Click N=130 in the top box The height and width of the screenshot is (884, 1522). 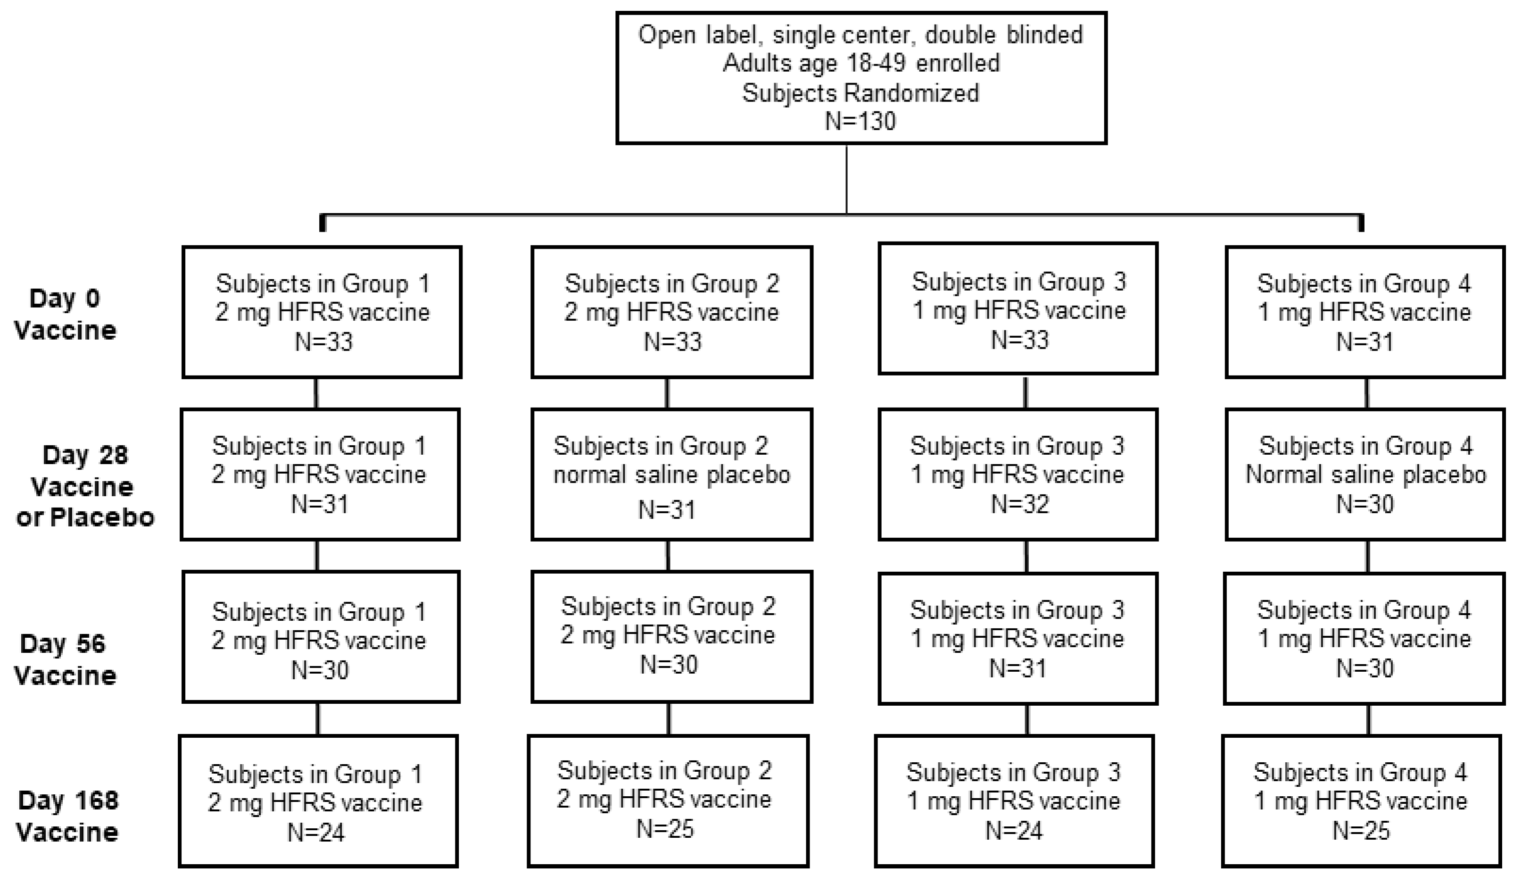point(860,121)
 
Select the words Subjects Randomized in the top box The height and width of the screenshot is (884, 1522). point(860,93)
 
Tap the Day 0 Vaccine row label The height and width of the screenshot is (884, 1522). point(65,314)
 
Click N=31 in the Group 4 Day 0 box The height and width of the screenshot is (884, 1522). point(1365,342)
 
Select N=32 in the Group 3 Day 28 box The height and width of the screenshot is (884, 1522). point(1019,504)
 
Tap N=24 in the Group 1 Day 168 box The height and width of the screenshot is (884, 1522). point(316,833)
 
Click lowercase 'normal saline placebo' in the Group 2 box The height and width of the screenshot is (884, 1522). point(671,475)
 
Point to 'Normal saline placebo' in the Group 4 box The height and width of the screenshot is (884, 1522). point(1365,475)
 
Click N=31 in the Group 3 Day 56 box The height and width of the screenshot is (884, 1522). point(1017,668)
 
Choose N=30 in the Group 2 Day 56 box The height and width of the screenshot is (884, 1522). point(669,665)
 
